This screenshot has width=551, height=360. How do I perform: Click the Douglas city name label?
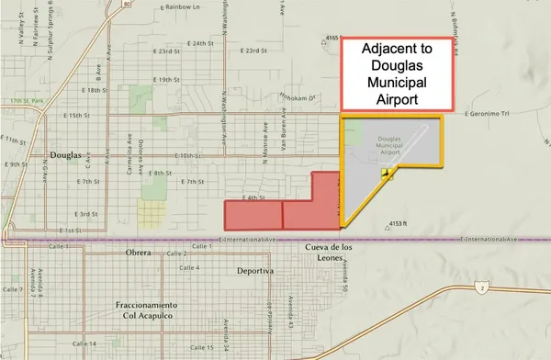tap(70, 155)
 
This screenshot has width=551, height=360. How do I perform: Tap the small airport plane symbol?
tap(388, 171)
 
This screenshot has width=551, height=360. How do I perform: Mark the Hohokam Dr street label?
tap(298, 95)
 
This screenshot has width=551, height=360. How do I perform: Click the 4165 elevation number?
tap(332, 38)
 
